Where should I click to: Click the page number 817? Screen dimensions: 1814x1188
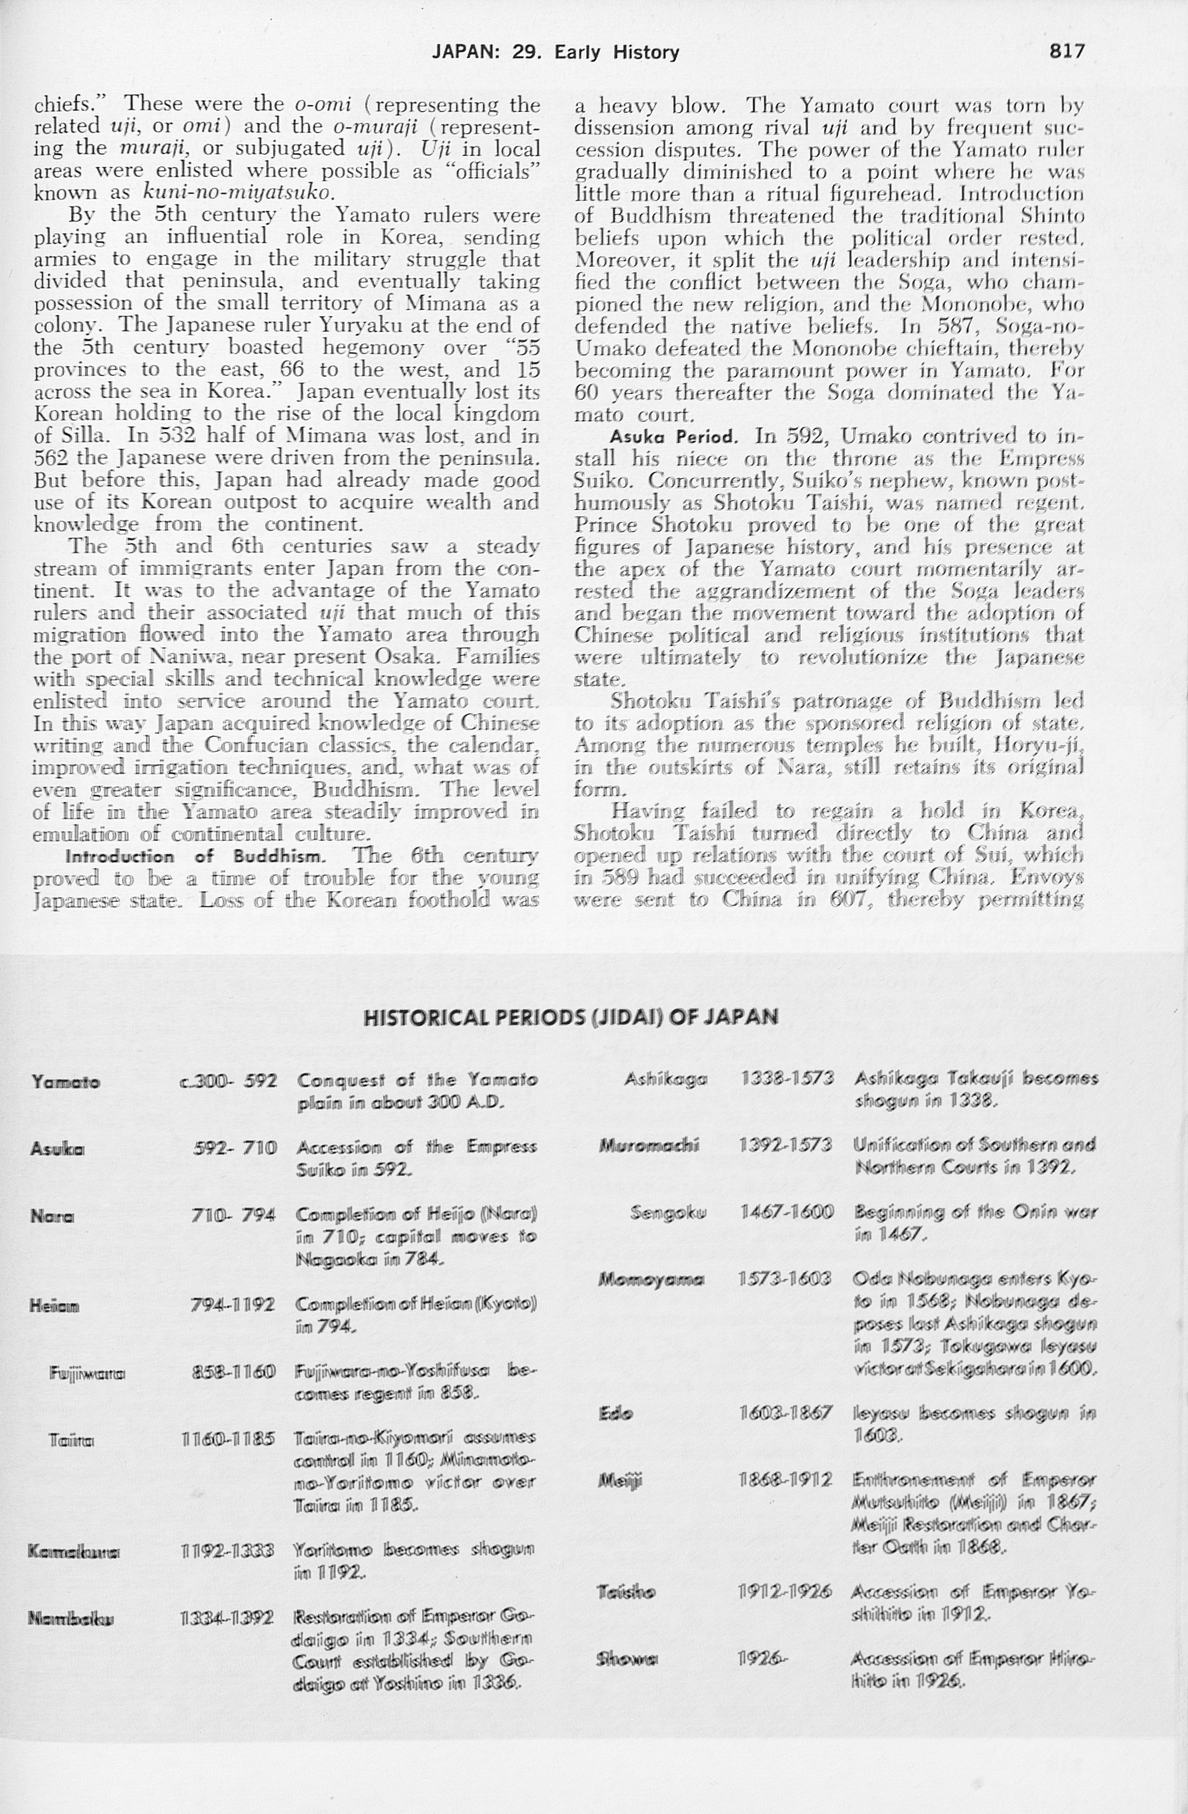[x=1066, y=51]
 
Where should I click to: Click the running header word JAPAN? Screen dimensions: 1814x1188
[x=465, y=52]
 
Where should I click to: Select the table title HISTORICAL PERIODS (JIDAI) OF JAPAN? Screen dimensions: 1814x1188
[x=571, y=1017]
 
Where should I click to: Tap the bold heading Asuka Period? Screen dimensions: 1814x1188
[x=673, y=438]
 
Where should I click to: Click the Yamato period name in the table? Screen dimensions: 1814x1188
[x=65, y=1082]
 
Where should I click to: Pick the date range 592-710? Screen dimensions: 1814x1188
[x=235, y=1148]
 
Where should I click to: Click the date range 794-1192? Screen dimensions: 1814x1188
[x=232, y=1305]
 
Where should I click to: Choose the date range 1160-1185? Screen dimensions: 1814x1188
[x=229, y=1440]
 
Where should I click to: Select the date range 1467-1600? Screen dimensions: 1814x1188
[x=787, y=1212]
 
